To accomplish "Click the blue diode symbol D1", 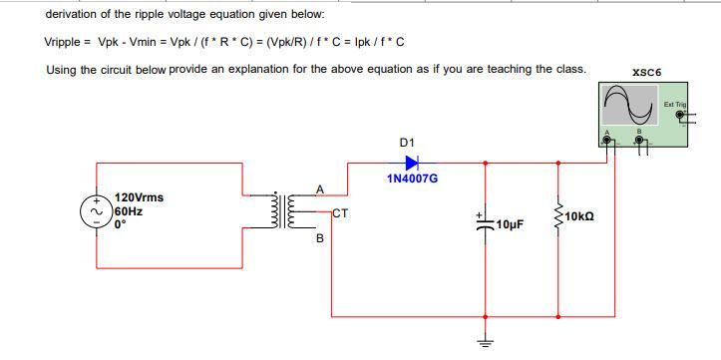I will [411, 160].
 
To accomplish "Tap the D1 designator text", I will [406, 141].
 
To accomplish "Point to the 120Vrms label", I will [140, 198].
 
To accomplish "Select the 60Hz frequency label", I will [130, 211].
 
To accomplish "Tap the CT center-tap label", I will [340, 212].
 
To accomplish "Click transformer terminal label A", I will [319, 188].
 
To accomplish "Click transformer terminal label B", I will [319, 238].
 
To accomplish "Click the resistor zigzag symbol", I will [556, 216].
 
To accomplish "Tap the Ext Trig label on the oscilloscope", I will [675, 104].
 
